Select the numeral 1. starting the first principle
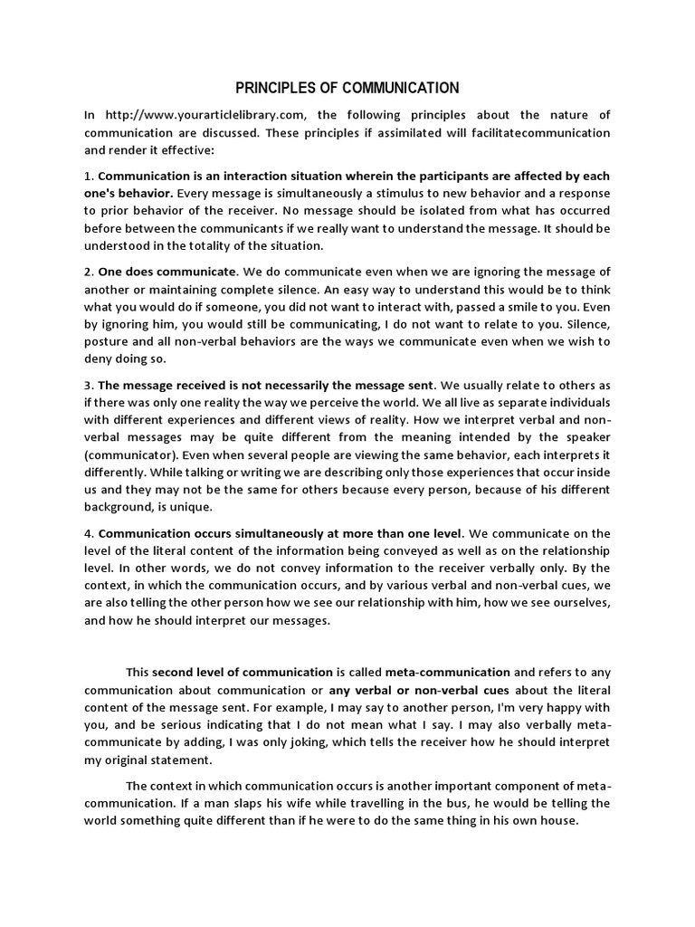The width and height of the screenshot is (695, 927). click(x=88, y=177)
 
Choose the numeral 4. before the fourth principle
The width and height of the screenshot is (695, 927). click(x=88, y=532)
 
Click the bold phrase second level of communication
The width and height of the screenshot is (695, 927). click(x=243, y=673)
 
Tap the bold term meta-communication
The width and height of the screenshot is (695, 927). click(x=449, y=673)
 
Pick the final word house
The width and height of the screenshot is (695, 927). click(x=558, y=820)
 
